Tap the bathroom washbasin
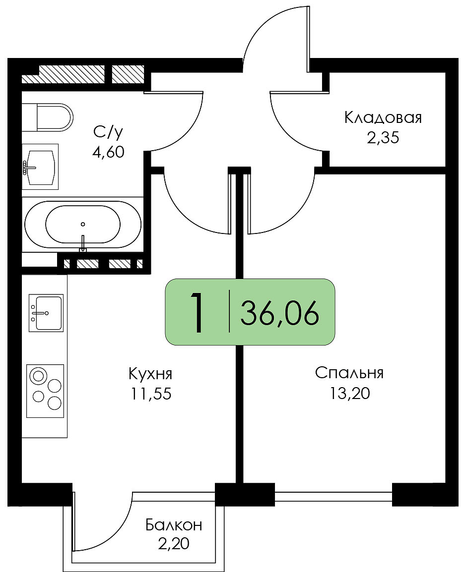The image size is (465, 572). tap(40, 167)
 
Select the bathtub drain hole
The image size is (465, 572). tap(83, 224)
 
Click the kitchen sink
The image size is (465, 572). tap(46, 313)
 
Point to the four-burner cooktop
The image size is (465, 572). tap(45, 391)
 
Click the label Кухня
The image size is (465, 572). tap(150, 374)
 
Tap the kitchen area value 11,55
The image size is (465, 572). tap(151, 394)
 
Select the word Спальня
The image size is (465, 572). tap(349, 373)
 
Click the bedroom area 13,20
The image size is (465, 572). tap(349, 393)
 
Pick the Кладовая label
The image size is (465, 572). tap(383, 118)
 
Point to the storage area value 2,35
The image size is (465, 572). tap(383, 138)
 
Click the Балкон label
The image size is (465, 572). tap(174, 525)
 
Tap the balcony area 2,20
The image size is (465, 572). tap(174, 544)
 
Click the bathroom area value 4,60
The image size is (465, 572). tap(109, 152)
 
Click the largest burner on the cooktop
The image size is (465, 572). tap(38, 376)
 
